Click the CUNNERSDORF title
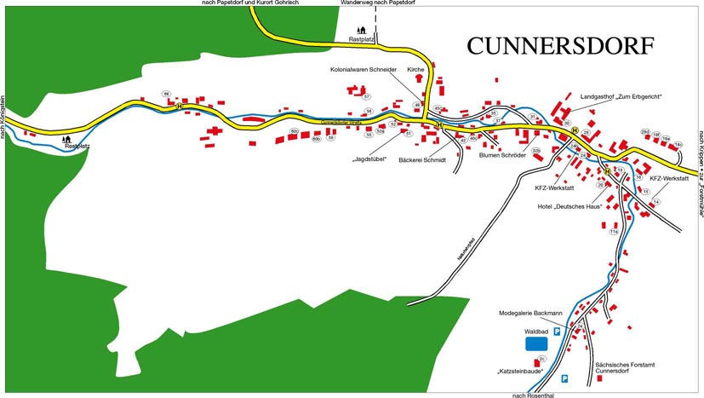(561, 46)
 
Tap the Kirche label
(415, 71)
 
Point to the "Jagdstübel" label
(369, 159)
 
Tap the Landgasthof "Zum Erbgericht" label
(621, 97)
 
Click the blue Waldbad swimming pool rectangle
(536, 343)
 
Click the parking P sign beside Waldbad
(557, 332)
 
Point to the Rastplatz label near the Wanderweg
(362, 40)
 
